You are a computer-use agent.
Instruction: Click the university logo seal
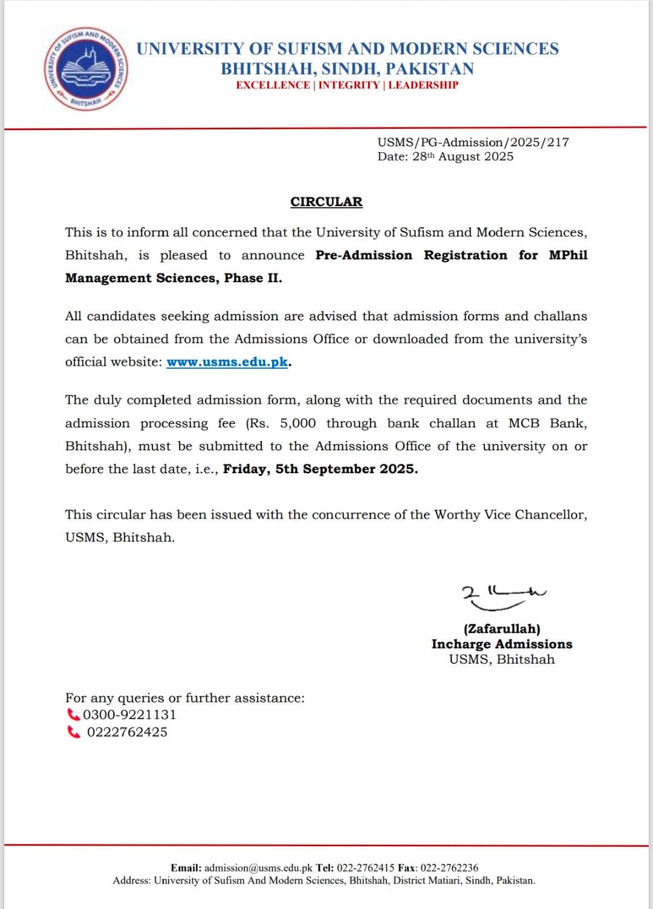tap(85, 68)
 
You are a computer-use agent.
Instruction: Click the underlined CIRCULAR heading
tap(326, 202)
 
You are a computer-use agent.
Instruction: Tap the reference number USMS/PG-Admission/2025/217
tap(473, 143)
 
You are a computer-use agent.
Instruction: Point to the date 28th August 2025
tap(463, 157)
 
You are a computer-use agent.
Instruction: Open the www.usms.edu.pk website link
tap(227, 362)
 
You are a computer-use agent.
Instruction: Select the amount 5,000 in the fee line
tap(297, 423)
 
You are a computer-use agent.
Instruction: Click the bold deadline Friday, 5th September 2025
tap(320, 469)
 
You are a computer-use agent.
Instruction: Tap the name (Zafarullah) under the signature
tap(502, 629)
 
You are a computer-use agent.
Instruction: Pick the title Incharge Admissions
tap(502, 644)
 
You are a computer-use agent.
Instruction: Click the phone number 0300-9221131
tap(129, 714)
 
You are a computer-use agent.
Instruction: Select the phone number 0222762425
tap(127, 732)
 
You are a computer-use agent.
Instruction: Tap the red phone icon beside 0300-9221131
tap(73, 714)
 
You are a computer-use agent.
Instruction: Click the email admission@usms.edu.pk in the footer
tap(258, 868)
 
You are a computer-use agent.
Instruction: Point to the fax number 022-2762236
tap(449, 868)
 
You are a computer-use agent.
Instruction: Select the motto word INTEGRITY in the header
tap(349, 85)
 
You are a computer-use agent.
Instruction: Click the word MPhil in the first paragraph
tap(568, 255)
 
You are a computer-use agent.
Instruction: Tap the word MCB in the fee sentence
tap(524, 423)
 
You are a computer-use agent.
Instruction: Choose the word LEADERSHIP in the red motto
tap(423, 85)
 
